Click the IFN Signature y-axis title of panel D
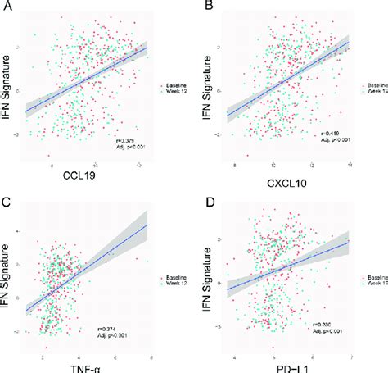[210, 279]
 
